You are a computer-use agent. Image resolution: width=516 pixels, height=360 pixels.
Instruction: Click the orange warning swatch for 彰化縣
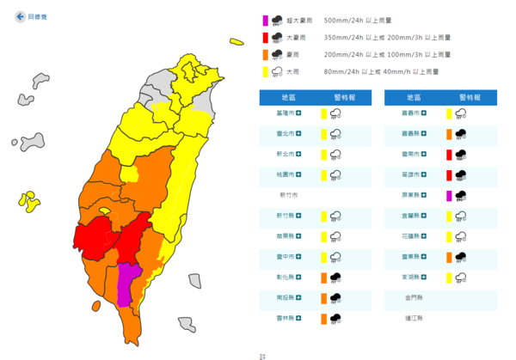click(322, 278)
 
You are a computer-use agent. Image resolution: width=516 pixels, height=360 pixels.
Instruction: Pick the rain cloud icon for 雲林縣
click(334, 319)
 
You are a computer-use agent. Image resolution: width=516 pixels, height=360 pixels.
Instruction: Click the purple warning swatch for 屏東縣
click(448, 195)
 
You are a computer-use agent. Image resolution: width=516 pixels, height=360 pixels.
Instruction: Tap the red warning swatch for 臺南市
click(448, 154)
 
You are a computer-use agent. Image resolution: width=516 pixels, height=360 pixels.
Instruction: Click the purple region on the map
click(128, 280)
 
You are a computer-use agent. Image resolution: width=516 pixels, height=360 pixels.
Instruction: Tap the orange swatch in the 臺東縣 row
click(448, 257)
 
